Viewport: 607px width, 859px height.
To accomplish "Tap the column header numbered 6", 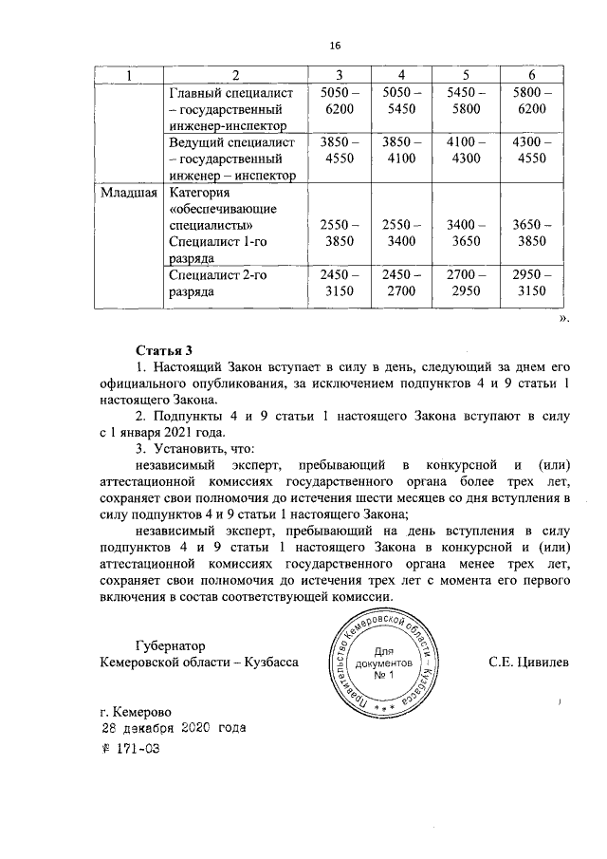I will tap(531, 75).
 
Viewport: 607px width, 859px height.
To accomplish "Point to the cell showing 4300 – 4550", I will tap(531, 151).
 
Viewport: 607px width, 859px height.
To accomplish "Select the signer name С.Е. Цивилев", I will tap(529, 662).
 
